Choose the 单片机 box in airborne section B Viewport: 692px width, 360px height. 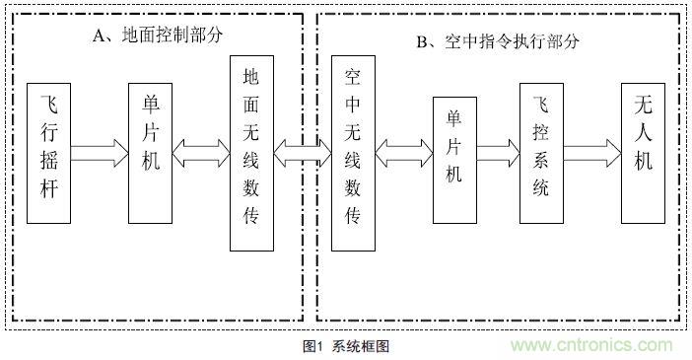point(453,153)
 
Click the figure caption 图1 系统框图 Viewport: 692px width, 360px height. point(346,346)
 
